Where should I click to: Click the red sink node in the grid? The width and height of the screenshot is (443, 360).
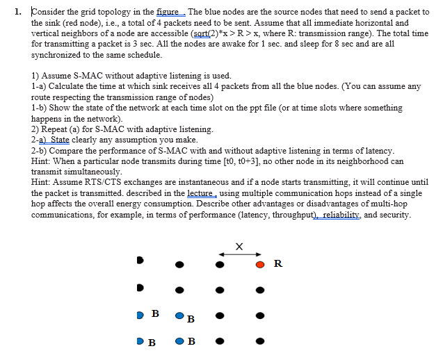(x=260, y=265)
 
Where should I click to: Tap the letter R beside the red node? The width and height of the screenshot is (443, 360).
(x=278, y=263)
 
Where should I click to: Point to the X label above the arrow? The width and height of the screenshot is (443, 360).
(x=239, y=246)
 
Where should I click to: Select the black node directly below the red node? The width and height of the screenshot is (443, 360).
(x=260, y=290)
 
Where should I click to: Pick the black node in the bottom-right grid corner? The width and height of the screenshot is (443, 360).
(x=260, y=341)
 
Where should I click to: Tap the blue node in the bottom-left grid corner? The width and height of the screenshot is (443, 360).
(x=140, y=341)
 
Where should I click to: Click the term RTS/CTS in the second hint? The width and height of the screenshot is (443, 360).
(x=93, y=181)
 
